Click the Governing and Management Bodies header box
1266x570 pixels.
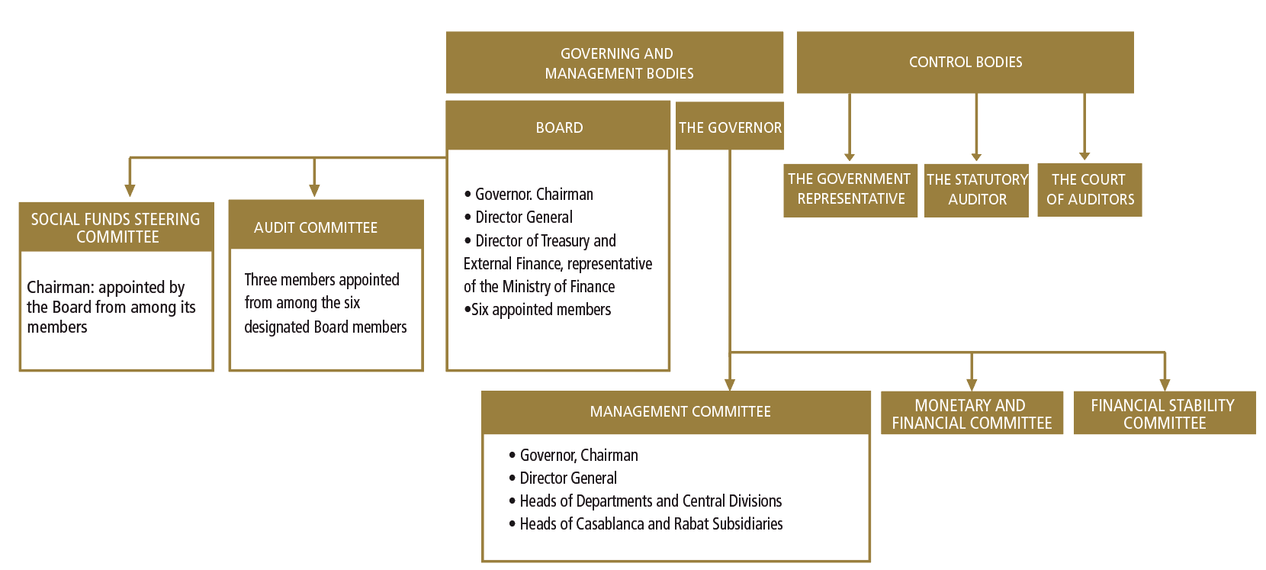pos(615,63)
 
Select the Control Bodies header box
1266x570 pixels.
pos(966,63)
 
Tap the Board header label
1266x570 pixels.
pos(559,127)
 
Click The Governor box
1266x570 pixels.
pos(730,126)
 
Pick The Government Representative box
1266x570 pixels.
pos(850,191)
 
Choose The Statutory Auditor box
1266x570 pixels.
pos(977,191)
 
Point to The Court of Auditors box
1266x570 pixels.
pos(1090,190)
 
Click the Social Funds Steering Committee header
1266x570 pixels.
pos(117,227)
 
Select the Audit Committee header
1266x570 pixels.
pos(326,224)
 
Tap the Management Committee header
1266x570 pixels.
pos(676,412)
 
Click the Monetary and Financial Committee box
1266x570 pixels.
pos(972,414)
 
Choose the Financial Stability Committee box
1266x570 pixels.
pos(1165,414)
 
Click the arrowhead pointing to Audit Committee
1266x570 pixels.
pos(315,191)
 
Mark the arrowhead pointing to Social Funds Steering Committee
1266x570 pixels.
pos(130,191)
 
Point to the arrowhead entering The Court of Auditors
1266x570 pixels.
pos(1084,156)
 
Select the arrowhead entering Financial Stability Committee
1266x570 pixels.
pos(1165,385)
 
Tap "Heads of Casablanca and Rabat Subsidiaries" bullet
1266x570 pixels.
pos(645,524)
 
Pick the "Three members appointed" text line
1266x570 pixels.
pos(322,280)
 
